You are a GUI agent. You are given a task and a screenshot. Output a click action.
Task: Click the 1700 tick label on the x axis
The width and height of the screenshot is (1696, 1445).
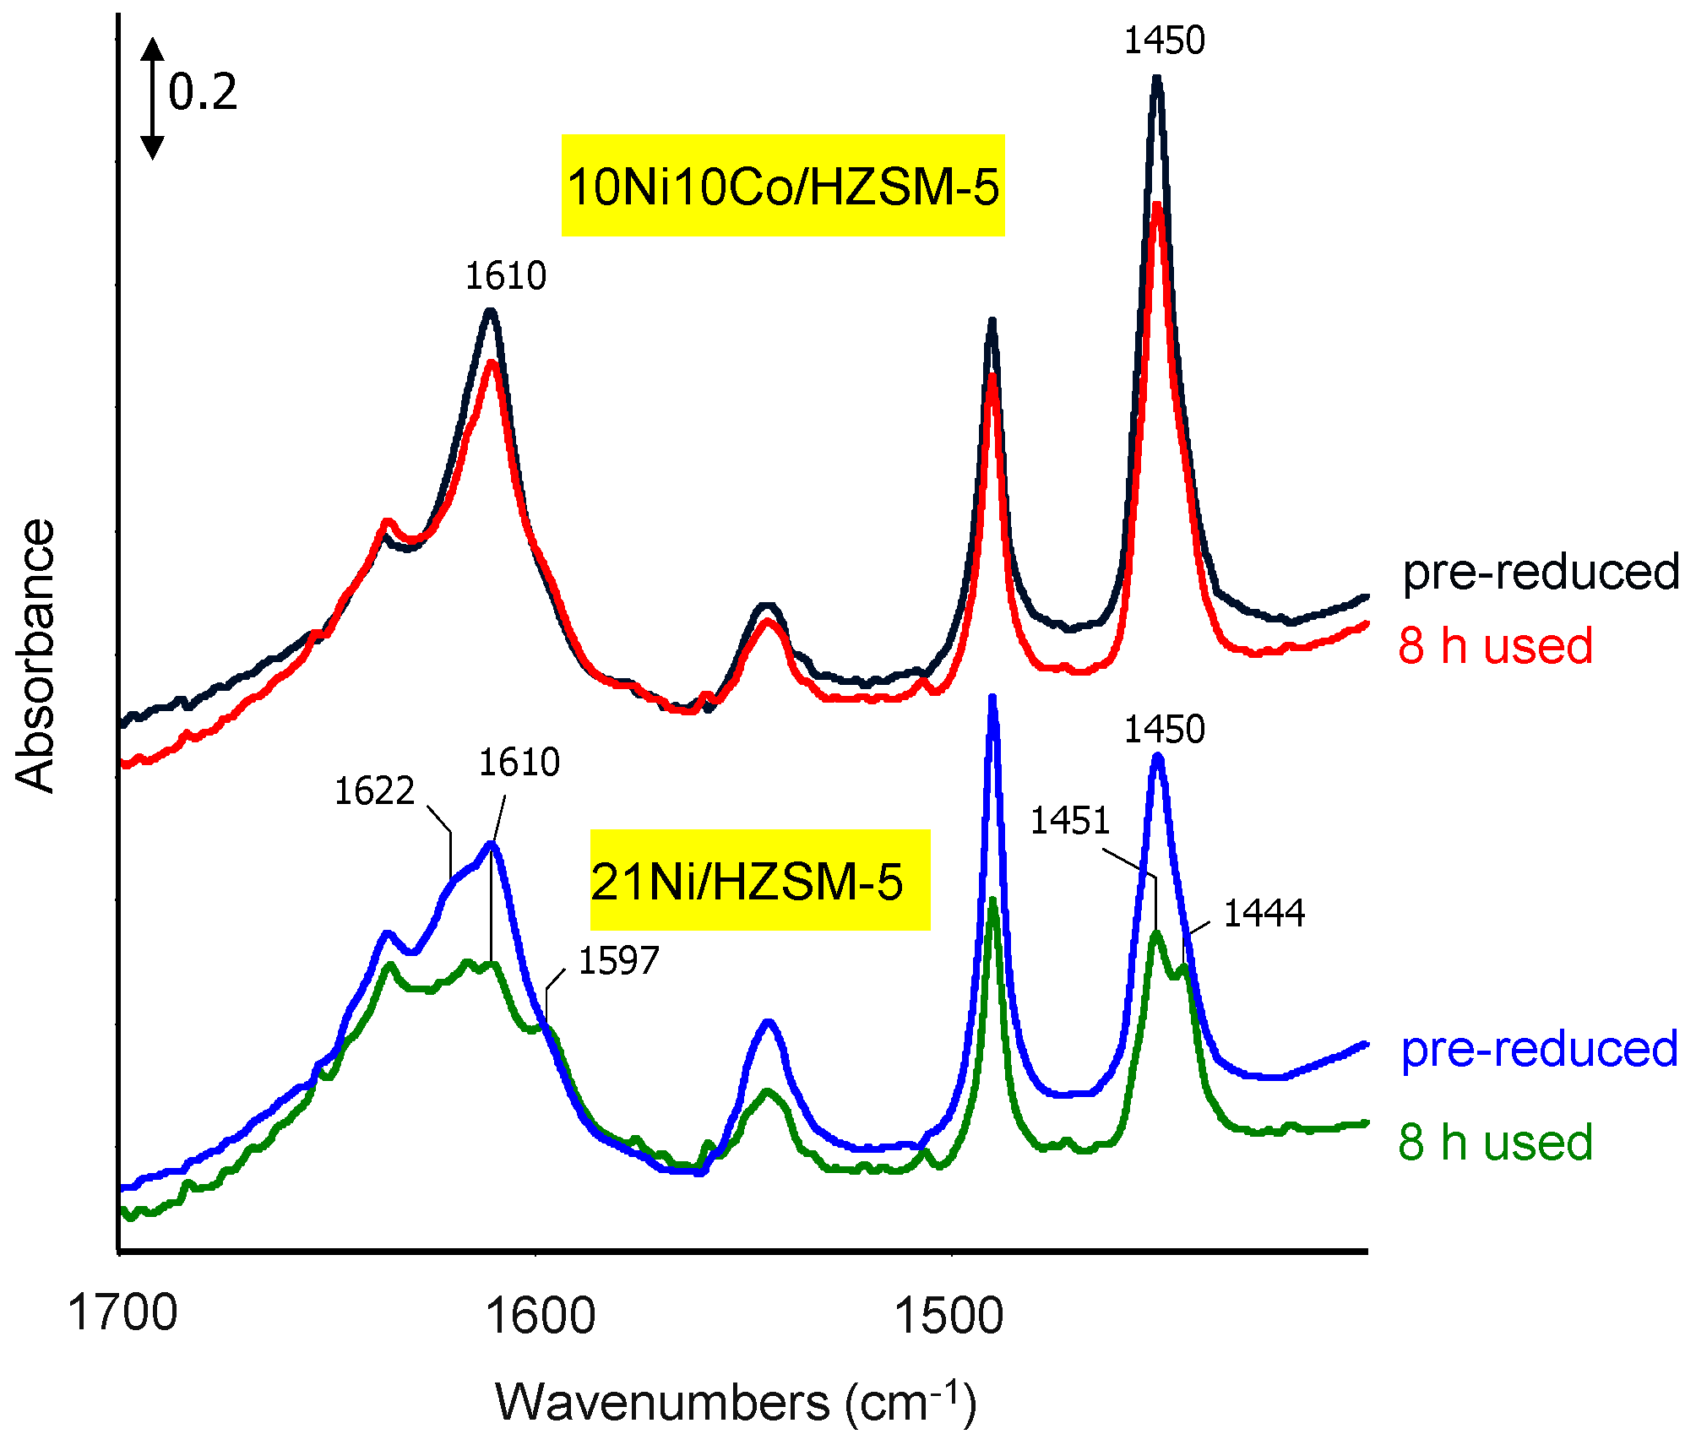[122, 1313]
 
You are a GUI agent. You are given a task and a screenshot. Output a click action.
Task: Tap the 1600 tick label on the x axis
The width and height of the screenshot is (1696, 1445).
[541, 1315]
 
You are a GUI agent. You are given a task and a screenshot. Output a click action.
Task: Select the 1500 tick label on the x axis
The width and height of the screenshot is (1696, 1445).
[949, 1315]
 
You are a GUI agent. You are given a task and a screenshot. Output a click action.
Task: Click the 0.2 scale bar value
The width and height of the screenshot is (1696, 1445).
[203, 92]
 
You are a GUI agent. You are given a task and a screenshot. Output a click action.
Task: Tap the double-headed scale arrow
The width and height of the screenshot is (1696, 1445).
[152, 98]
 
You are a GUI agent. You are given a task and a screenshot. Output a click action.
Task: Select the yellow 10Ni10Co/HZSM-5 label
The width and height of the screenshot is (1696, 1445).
[783, 186]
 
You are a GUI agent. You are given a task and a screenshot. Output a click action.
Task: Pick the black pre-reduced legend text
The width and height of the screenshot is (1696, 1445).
[1540, 573]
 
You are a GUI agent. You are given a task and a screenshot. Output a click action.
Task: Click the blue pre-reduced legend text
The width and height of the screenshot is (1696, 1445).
[1539, 1050]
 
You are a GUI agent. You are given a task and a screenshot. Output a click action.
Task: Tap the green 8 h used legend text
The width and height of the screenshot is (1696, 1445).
[1495, 1142]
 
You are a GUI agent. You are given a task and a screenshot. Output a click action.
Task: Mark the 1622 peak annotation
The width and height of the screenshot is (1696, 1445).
[374, 791]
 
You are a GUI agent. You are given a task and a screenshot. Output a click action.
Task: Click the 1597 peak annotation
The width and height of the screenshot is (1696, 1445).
[618, 961]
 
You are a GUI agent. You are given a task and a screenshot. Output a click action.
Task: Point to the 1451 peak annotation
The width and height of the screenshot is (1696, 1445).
[1069, 821]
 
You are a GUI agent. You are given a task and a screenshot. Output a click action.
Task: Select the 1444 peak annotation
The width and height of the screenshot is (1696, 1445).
[1264, 914]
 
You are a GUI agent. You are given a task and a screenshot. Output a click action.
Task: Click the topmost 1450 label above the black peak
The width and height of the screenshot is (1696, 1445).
[1164, 41]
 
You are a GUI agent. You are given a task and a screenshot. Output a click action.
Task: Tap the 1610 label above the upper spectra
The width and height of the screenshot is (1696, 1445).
[506, 276]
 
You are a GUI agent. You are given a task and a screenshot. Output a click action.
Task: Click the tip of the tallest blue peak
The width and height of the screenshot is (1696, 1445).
[992, 698]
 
